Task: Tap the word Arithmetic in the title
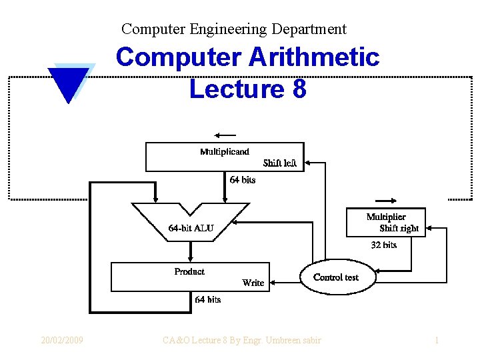click(x=313, y=57)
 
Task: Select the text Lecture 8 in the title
click(x=247, y=89)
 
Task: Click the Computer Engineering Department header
click(x=234, y=29)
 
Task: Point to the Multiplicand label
click(x=225, y=151)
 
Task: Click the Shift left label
click(x=279, y=163)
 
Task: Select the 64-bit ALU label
click(x=191, y=228)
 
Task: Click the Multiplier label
click(x=386, y=217)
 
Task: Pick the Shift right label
click(x=399, y=228)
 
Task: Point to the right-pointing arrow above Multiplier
click(x=387, y=201)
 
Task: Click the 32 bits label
click(x=384, y=245)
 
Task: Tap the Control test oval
click(x=335, y=277)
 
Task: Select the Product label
click(x=189, y=271)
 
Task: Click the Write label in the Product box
click(x=253, y=283)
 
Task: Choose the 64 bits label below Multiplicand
click(x=243, y=180)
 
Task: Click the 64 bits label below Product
click(x=207, y=299)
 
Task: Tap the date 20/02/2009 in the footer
click(x=62, y=340)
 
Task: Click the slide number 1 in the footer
click(x=437, y=340)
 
